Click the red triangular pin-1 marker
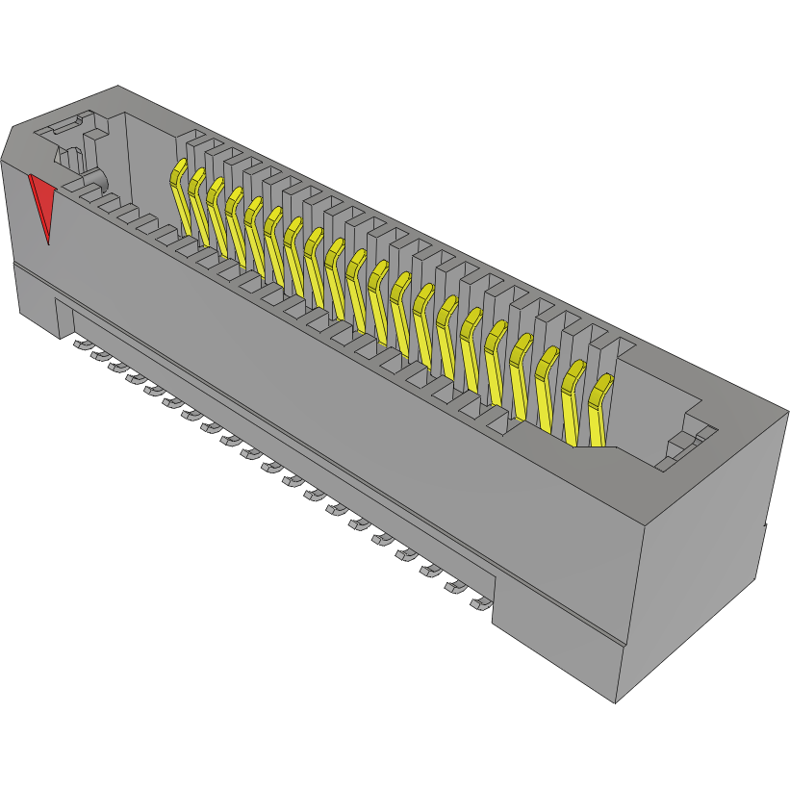[41, 202]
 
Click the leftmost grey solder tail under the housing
[81, 344]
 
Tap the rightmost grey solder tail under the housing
[478, 604]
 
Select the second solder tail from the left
[100, 355]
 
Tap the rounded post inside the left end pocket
[97, 180]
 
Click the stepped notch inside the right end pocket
[683, 443]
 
